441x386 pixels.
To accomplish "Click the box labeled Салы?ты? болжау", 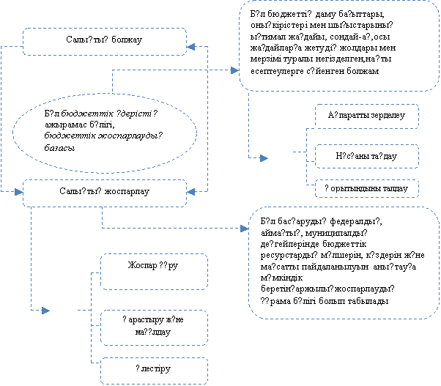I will [x=103, y=42].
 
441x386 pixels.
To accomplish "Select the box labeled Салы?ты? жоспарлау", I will [x=103, y=192].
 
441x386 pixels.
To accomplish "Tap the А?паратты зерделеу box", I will [x=366, y=116].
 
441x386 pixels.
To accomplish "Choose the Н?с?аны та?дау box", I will [x=366, y=155].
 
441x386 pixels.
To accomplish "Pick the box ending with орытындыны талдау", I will [x=366, y=189].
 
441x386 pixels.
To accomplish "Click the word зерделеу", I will [x=383, y=116].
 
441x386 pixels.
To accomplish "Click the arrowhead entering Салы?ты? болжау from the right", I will [x=191, y=46].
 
